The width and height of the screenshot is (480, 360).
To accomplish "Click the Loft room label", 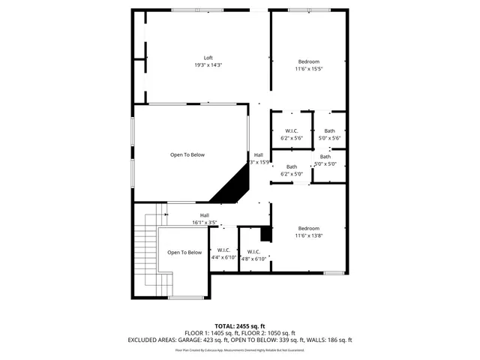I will (x=208, y=58).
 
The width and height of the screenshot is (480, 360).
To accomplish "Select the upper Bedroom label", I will (x=309, y=61).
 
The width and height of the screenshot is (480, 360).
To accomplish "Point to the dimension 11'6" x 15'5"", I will (x=309, y=70).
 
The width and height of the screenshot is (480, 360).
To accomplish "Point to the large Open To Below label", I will (x=187, y=155).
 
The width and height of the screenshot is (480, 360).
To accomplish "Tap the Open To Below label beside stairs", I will (x=184, y=253).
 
